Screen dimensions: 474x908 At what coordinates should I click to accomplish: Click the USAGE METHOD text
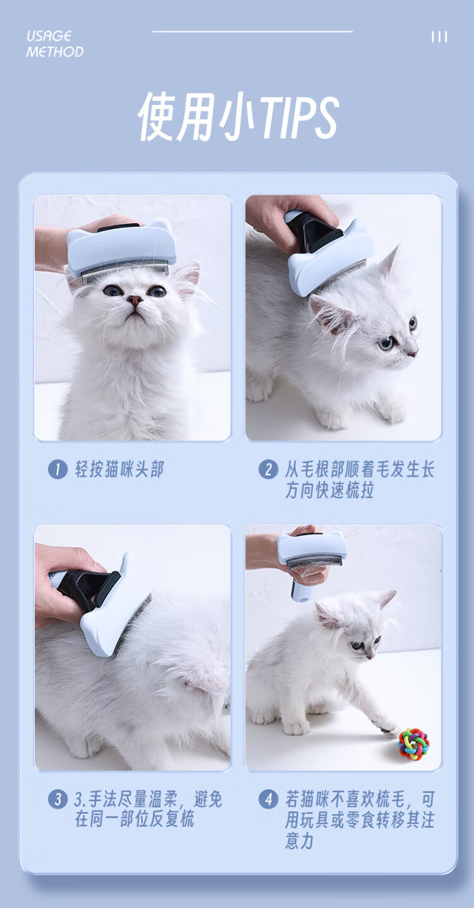[55, 44]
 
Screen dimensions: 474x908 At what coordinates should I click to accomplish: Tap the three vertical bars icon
[439, 37]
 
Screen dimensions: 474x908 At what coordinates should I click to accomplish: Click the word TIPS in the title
[299, 117]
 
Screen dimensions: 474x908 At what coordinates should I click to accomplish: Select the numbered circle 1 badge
[58, 469]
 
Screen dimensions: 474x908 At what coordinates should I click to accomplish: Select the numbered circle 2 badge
[269, 469]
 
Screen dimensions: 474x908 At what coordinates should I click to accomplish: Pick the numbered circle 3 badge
[58, 799]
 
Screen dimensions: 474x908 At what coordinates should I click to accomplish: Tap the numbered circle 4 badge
[269, 799]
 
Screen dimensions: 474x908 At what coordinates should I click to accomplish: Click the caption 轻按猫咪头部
[119, 469]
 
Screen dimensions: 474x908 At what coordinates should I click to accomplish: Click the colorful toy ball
[413, 744]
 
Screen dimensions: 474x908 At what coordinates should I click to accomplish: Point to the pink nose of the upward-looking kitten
[135, 300]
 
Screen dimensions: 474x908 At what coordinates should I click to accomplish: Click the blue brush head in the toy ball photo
[312, 547]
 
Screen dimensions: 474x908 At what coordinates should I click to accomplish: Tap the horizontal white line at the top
[252, 31]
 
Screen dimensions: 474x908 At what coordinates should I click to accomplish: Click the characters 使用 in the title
[177, 117]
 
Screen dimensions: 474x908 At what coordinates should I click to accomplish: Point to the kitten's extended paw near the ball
[389, 729]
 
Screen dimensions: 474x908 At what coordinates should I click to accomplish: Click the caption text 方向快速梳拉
[330, 490]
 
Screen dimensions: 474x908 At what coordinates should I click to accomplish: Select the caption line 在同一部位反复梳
[135, 819]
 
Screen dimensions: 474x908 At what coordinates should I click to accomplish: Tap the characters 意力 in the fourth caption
[300, 840]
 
